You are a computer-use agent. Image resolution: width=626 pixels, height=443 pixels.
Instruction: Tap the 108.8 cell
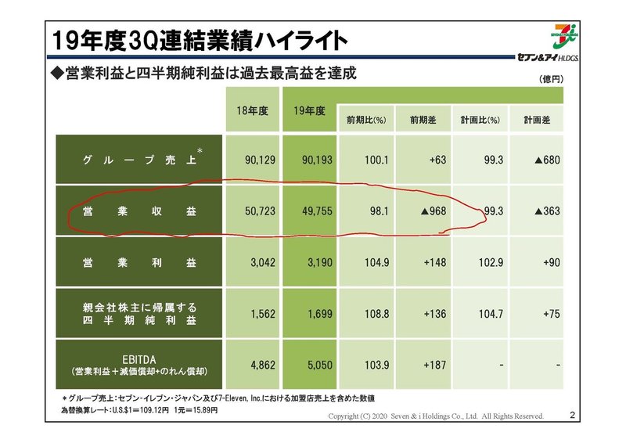click(x=371, y=315)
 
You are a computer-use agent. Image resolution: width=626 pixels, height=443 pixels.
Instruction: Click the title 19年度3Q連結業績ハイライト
click(x=195, y=38)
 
